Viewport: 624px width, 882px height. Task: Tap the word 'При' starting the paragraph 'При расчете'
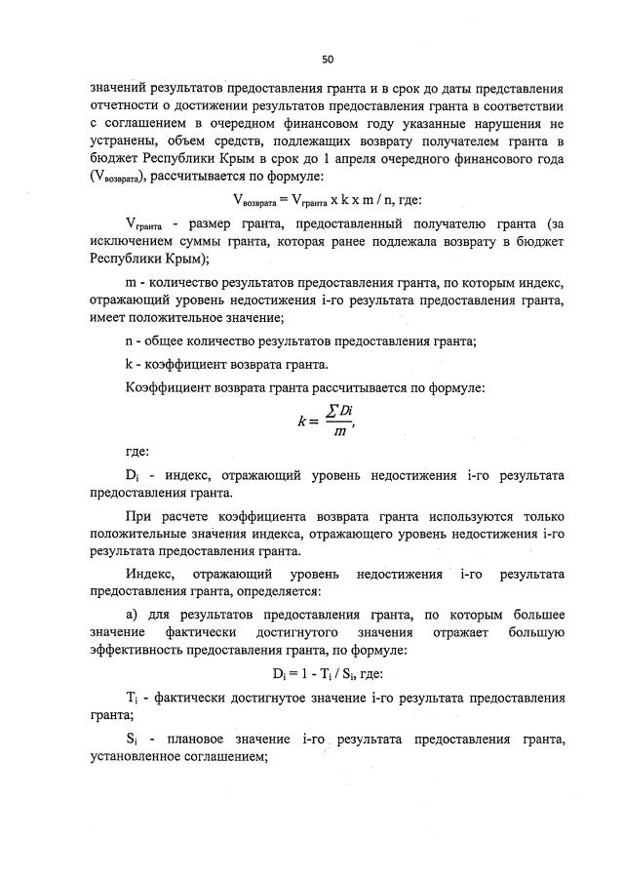139,515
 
